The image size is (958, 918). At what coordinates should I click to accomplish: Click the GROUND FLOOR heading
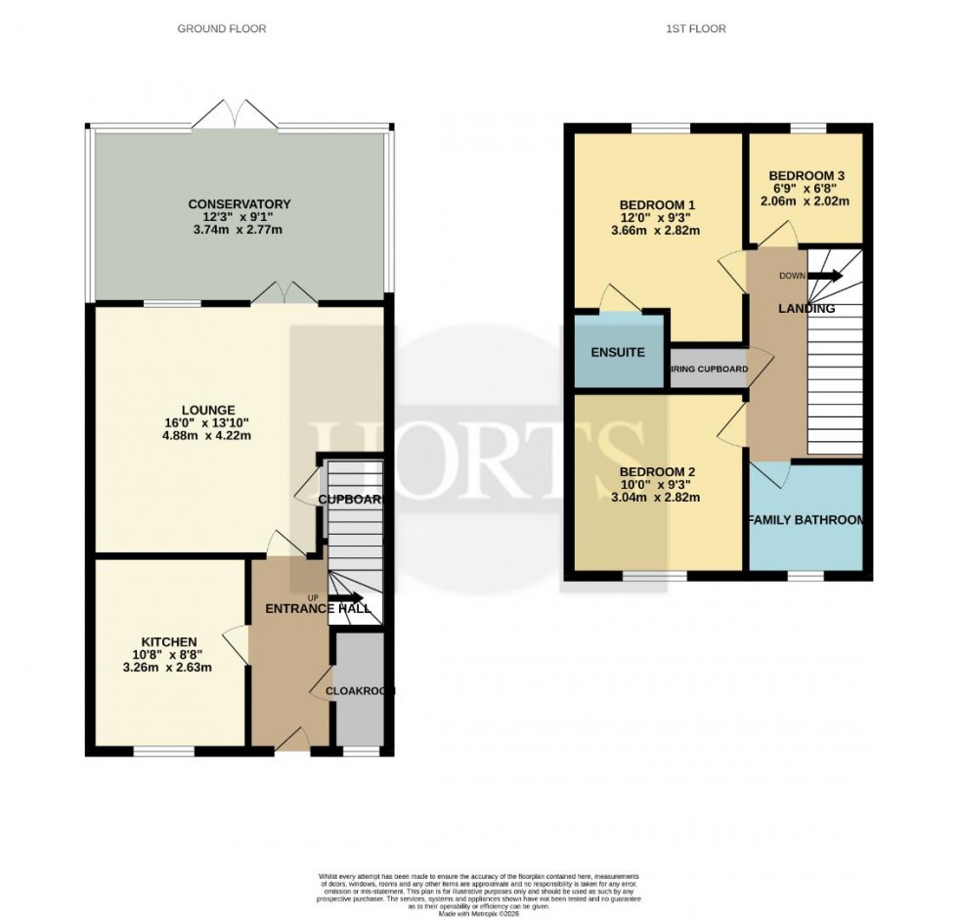(x=221, y=29)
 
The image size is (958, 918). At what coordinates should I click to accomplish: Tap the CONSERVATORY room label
(x=239, y=204)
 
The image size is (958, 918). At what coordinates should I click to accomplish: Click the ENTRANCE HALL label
(x=318, y=608)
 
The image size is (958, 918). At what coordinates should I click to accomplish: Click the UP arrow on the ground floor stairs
(x=344, y=598)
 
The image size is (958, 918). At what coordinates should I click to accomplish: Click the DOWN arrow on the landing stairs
(x=823, y=276)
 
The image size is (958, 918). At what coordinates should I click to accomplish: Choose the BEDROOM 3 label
(x=805, y=176)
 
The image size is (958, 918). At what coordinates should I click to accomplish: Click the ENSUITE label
(x=618, y=352)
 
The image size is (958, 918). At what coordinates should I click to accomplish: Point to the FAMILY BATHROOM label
(x=806, y=520)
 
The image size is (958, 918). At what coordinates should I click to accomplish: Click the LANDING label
(x=806, y=309)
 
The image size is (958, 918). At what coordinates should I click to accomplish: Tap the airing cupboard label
(x=709, y=370)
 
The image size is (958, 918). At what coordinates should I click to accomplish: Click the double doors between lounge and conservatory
(x=283, y=293)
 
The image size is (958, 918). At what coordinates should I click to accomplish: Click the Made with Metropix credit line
(x=479, y=913)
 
